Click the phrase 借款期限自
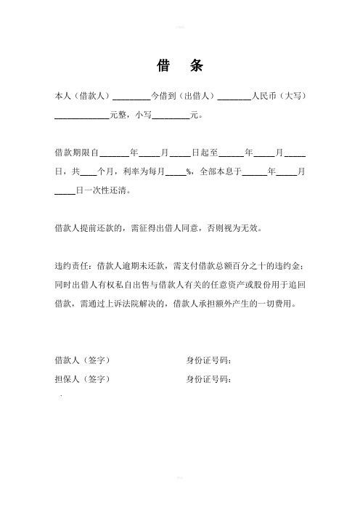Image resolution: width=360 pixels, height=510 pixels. pos(76,153)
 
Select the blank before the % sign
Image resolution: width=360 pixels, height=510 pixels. pos(176,172)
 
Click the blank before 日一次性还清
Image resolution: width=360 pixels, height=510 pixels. pos(65,191)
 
